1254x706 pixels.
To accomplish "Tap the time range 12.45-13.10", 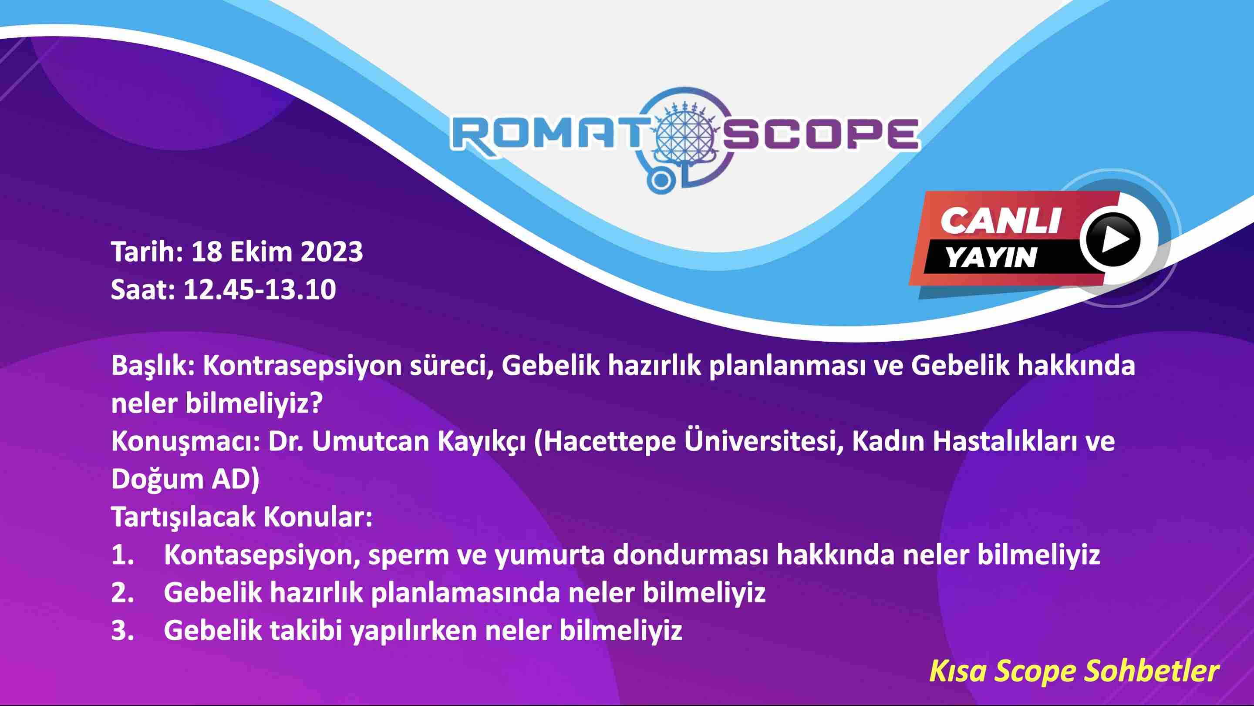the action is [260, 290].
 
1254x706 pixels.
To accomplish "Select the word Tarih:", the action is [148, 252].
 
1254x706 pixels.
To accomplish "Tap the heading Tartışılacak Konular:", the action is [242, 517].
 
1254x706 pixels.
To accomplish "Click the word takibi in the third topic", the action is [306, 631].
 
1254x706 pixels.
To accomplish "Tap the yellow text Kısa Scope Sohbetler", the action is [1074, 672].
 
